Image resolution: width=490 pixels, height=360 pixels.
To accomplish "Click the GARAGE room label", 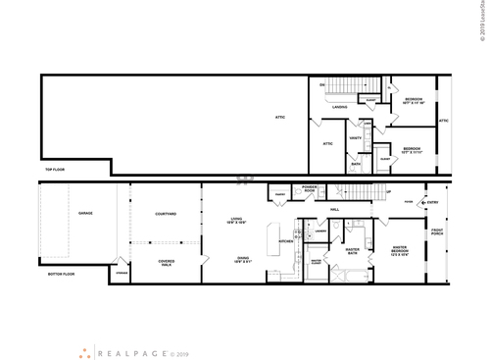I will [72, 212].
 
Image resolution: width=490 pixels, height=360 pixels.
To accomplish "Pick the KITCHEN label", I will [286, 240].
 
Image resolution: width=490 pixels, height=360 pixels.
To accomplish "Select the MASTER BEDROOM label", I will [399, 253].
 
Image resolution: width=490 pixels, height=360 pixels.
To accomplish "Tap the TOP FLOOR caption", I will [55, 170].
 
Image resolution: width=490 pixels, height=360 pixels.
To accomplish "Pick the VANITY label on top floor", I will [356, 137].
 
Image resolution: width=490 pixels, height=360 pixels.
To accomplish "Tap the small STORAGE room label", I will [121, 274].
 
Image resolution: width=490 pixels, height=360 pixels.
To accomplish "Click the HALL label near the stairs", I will [335, 209].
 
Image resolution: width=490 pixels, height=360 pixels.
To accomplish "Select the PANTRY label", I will [279, 195].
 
